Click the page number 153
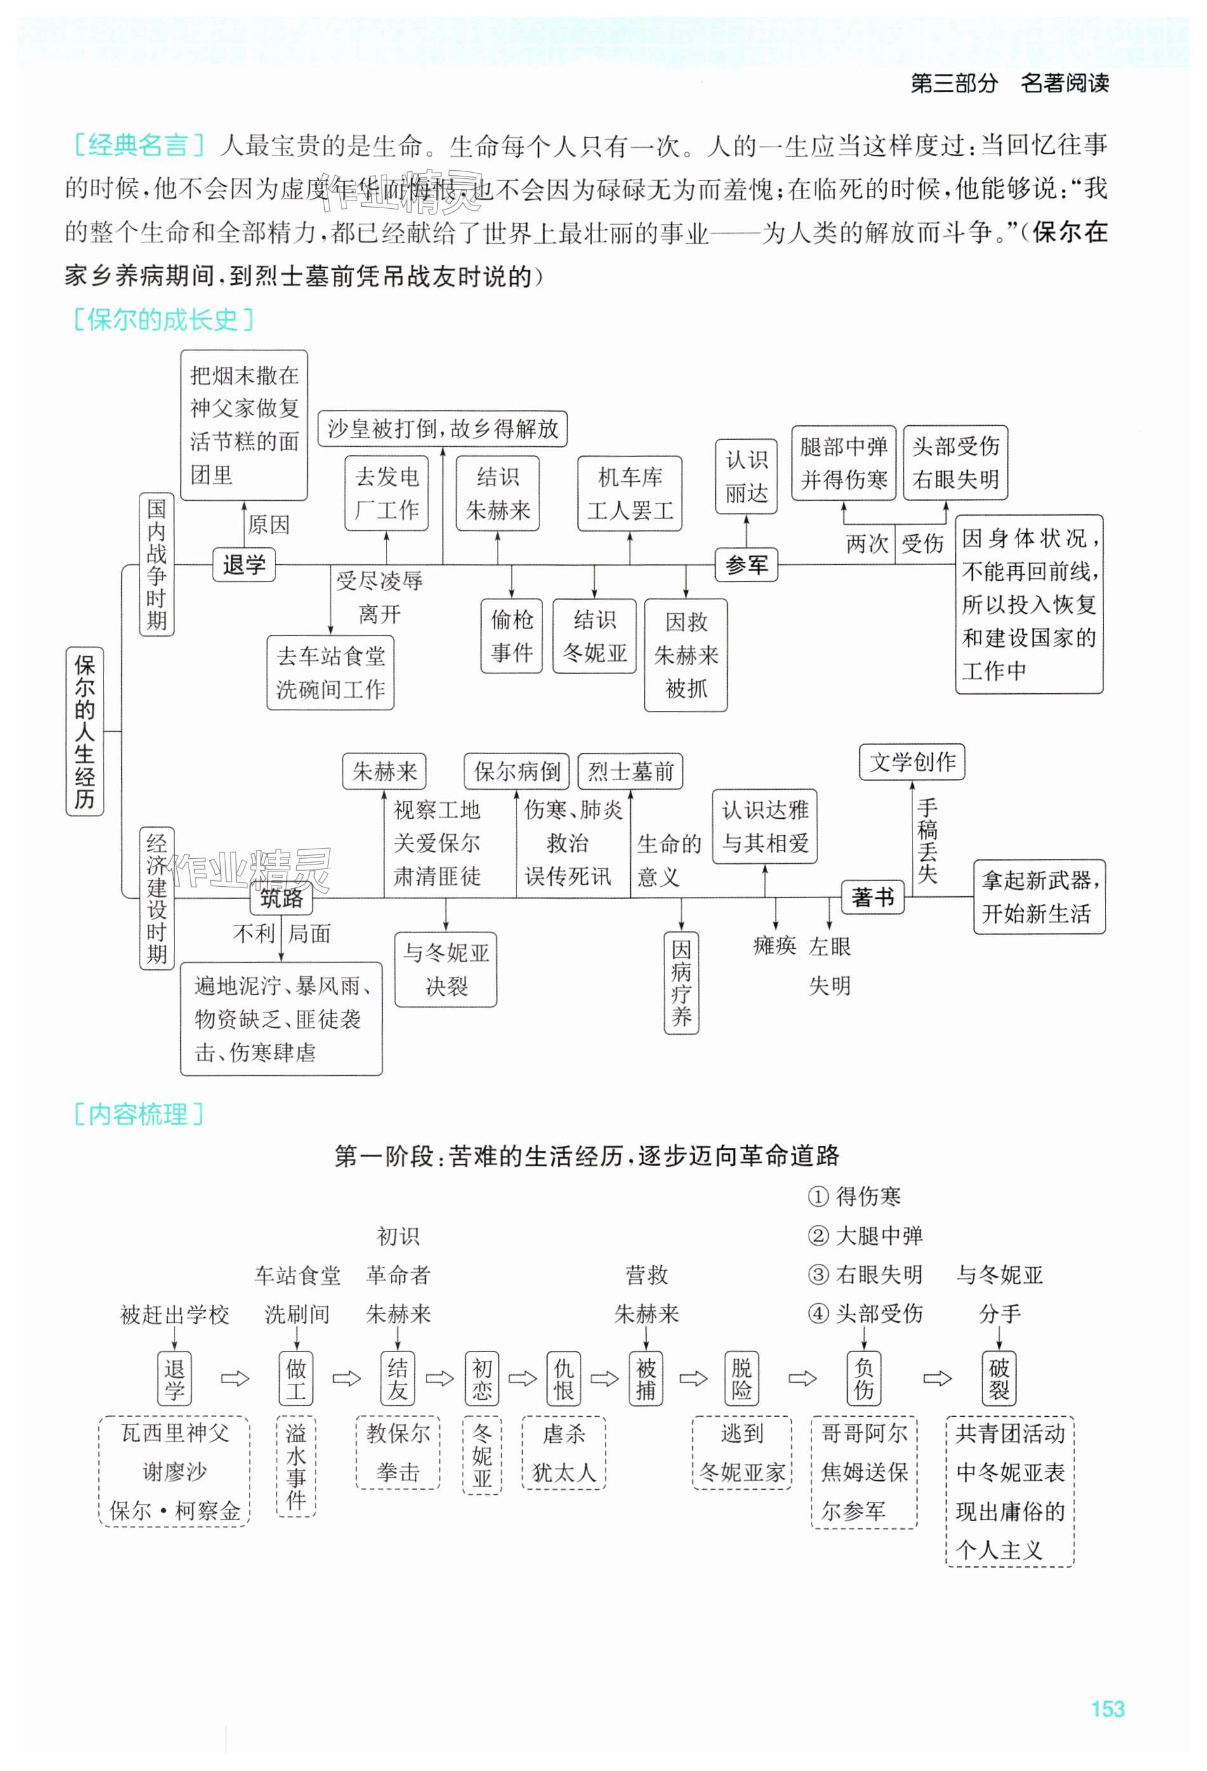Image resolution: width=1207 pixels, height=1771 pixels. (1107, 1709)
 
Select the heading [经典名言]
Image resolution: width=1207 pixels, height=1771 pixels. (138, 145)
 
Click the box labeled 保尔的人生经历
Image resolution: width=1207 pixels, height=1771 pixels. (84, 731)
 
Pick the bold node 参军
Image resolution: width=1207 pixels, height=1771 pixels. (746, 565)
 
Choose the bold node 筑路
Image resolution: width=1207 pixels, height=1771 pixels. (281, 898)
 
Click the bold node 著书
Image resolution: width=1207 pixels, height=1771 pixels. (873, 897)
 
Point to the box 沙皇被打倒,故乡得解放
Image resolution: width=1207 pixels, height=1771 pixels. (443, 428)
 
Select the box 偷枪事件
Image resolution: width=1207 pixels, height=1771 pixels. (511, 635)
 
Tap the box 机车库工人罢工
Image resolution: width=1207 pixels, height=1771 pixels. (630, 493)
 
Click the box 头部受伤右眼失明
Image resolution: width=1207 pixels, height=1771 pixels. (955, 463)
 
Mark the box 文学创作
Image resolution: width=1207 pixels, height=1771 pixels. (912, 761)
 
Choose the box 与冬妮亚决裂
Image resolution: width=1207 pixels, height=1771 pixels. (445, 969)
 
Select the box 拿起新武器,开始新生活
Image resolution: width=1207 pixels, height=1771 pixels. (1039, 897)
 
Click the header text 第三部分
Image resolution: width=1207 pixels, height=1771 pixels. (953, 83)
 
